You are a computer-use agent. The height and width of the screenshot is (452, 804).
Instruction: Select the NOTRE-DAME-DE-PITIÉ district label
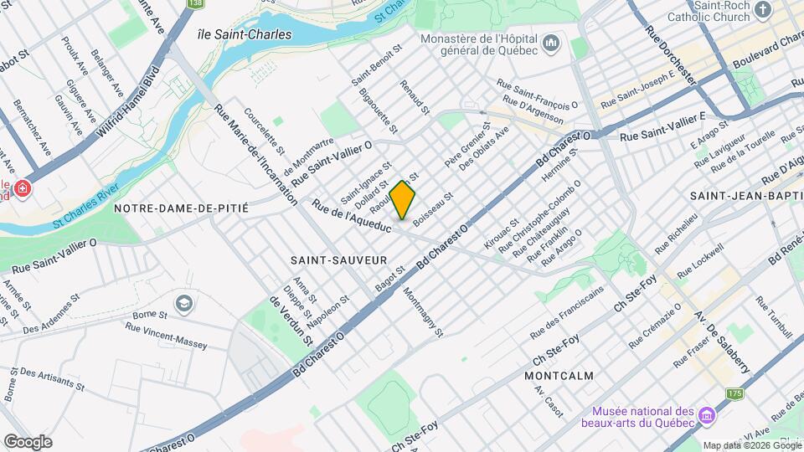click(x=182, y=207)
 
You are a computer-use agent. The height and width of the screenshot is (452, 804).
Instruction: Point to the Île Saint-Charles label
click(x=244, y=35)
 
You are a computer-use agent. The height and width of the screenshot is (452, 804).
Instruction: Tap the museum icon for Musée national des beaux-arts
click(x=706, y=416)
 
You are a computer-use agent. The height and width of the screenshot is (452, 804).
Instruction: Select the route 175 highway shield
click(x=734, y=393)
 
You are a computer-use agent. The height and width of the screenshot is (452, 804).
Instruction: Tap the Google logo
click(x=28, y=441)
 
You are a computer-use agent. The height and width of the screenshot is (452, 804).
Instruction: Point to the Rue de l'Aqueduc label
click(x=351, y=215)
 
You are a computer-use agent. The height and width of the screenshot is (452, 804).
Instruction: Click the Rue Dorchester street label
click(x=671, y=53)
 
